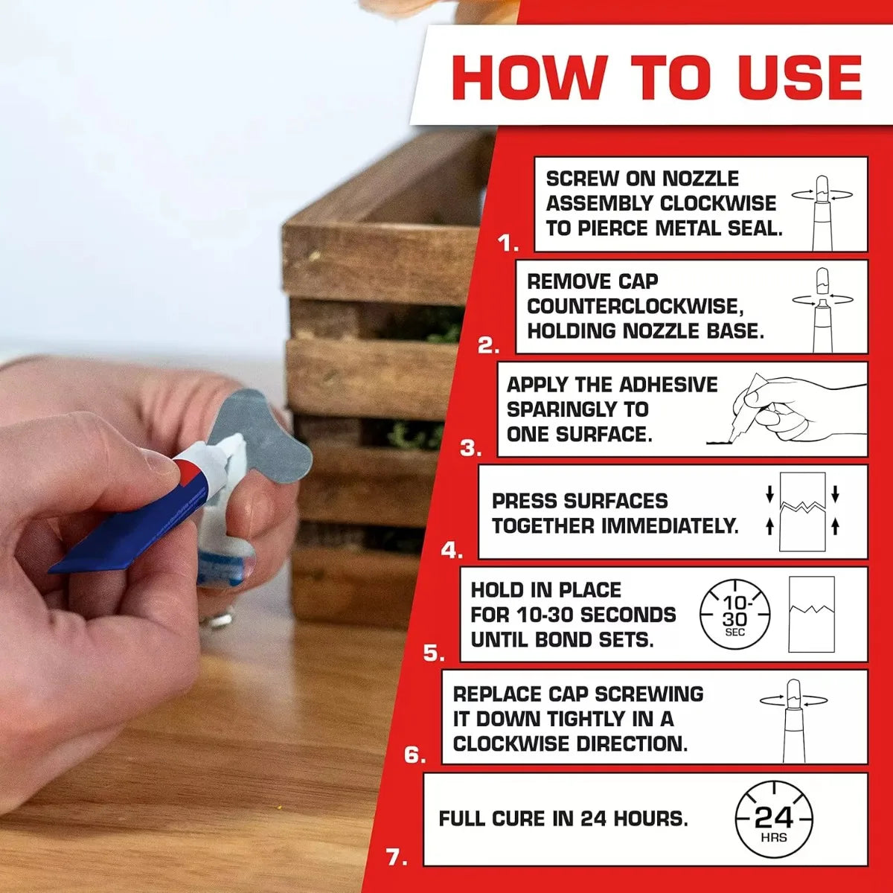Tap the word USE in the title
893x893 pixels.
[800, 77]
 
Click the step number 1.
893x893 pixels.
[508, 243]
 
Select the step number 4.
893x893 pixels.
[452, 551]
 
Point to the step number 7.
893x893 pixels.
[397, 857]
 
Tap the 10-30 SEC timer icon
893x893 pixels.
[734, 615]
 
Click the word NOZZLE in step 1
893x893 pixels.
[700, 179]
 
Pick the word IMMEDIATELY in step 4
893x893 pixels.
[670, 526]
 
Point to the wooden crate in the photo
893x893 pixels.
[372, 372]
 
